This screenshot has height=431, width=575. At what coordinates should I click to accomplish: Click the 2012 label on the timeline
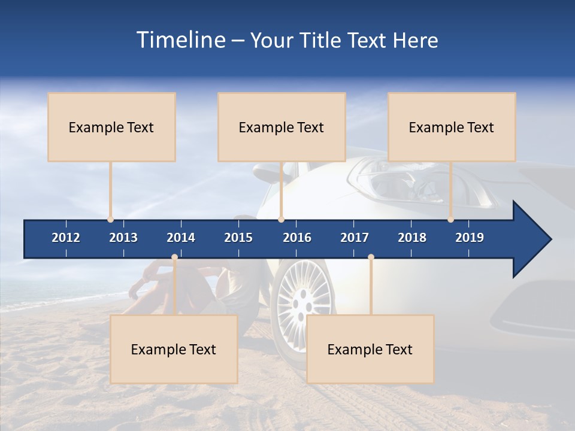click(66, 238)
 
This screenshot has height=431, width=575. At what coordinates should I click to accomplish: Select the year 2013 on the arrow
click(123, 238)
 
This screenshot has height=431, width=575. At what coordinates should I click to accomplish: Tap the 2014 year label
click(181, 238)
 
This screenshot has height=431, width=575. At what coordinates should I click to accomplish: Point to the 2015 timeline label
click(238, 238)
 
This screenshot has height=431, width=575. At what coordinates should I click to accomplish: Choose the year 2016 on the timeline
click(297, 238)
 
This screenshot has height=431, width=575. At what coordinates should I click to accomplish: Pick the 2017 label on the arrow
click(355, 238)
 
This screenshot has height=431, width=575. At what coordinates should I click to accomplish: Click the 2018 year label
click(412, 238)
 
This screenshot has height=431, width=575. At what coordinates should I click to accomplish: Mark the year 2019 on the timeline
click(470, 238)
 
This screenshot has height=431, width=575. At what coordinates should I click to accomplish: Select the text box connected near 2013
click(111, 127)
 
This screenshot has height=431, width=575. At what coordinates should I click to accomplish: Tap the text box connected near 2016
click(282, 127)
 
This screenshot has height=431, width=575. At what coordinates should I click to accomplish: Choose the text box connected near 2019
click(452, 127)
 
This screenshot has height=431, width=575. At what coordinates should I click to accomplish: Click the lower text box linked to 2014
click(174, 349)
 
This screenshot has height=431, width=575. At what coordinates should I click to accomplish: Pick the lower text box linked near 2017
click(370, 349)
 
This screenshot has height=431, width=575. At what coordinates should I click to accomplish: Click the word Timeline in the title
click(180, 40)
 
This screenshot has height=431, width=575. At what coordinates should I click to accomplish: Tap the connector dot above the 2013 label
click(110, 219)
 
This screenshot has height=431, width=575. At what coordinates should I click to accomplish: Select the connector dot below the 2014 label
click(174, 257)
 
